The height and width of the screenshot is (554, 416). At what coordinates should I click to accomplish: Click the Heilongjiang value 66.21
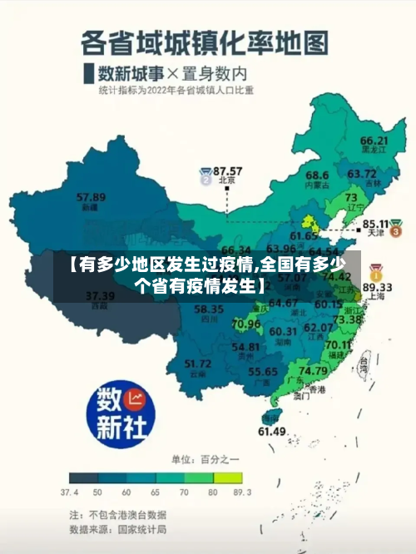pos(374,141)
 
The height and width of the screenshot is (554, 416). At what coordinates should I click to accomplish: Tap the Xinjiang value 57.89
pos(91,197)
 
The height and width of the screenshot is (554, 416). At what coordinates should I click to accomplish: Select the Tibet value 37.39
pos(100,295)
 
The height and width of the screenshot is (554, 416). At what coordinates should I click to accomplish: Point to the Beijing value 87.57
pos(228,170)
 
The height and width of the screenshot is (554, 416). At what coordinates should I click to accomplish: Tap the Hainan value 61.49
pos(272,431)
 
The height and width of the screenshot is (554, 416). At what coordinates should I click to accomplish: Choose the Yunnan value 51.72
pos(197,364)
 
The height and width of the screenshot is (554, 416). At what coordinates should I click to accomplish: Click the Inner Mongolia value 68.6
pos(317,176)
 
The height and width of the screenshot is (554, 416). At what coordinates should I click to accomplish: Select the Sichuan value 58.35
pos(208,309)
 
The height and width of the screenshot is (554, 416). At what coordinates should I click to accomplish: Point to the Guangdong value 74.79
pos(312,370)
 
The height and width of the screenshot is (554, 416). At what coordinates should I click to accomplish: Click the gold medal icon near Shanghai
pos(376,271)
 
